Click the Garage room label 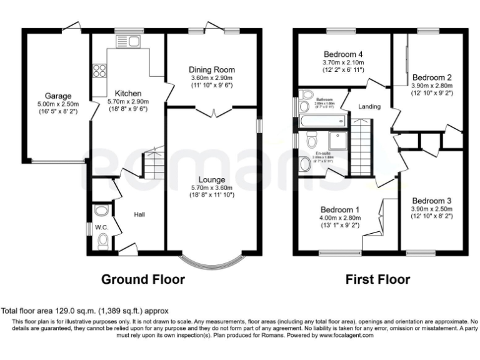52,96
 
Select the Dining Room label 212,69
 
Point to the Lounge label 211,179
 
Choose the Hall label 139,214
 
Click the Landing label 369,107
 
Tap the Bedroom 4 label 343,54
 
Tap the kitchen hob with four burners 99,69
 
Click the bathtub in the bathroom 323,120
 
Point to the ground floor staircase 154,162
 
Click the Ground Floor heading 143,279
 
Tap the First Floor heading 378,279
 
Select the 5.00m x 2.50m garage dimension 52,105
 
